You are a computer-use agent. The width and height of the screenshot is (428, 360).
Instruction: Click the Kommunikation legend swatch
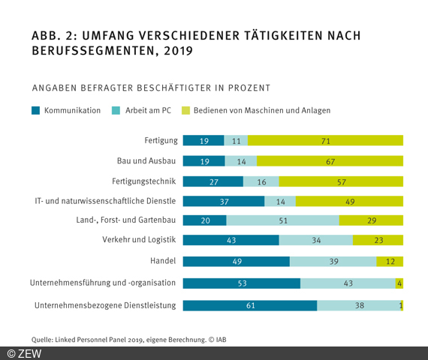click(x=36, y=110)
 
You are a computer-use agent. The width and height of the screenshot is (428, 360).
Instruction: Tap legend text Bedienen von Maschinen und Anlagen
click(x=261, y=110)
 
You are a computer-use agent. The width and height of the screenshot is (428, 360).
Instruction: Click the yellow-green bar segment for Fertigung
click(x=325, y=140)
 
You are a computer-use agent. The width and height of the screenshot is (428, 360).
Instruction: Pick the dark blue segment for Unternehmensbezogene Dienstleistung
click(x=249, y=305)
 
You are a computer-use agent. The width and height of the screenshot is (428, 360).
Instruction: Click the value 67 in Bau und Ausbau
click(x=330, y=160)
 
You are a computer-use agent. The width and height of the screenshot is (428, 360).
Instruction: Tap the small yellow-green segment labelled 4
click(x=399, y=283)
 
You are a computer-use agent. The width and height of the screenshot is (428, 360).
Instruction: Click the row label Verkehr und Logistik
click(x=139, y=240)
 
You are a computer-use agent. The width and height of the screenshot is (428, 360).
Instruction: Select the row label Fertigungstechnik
click(x=143, y=181)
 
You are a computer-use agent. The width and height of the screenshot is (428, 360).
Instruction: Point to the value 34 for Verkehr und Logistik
click(x=315, y=240)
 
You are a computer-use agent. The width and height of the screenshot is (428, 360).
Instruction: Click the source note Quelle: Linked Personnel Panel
click(x=128, y=339)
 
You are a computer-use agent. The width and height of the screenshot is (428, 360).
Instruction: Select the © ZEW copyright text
click(x=24, y=353)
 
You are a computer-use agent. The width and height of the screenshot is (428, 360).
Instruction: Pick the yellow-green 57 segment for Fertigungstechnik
click(x=342, y=181)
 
